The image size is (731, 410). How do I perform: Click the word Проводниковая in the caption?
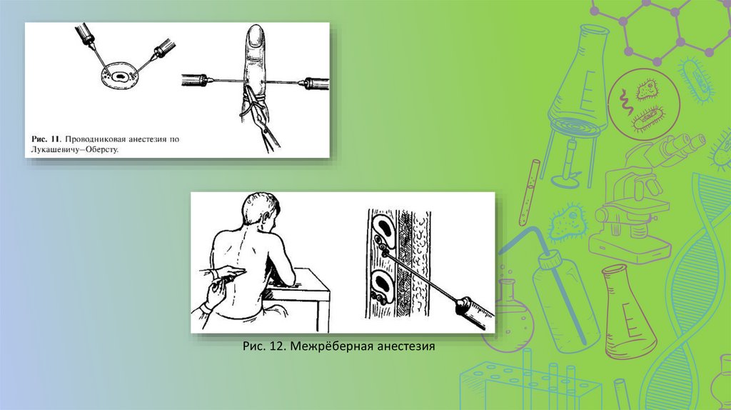[92, 139]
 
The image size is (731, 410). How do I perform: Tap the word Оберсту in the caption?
[103, 150]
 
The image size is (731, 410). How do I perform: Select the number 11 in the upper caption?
[55, 139]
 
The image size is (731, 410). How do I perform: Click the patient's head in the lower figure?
[262, 211]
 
